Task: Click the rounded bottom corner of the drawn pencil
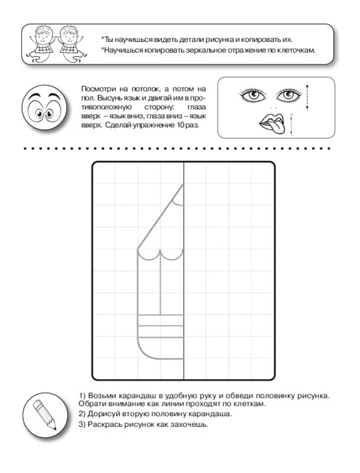(145, 351)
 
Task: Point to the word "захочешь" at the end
(191, 425)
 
